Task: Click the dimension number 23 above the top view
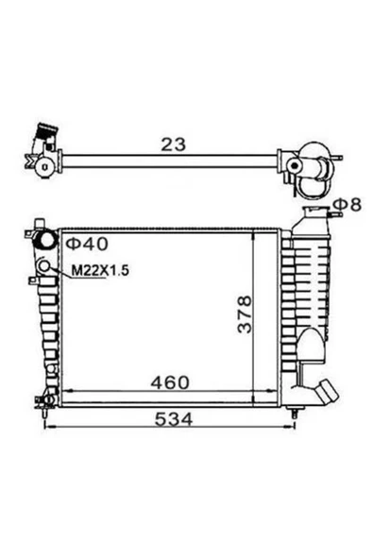(174, 144)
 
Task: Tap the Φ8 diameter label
(348, 204)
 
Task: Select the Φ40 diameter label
(87, 244)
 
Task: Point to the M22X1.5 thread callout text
(100, 271)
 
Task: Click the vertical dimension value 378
(245, 314)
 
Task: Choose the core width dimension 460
(169, 382)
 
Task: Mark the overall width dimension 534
(174, 419)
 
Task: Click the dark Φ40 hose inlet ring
(45, 240)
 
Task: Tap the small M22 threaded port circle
(44, 265)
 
